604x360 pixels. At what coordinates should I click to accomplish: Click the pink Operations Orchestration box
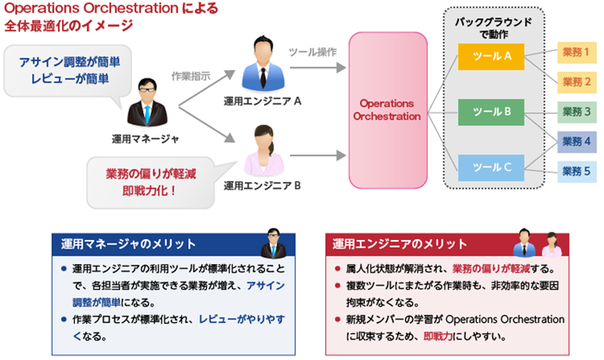(387, 111)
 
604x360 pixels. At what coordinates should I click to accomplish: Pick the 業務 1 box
(576, 53)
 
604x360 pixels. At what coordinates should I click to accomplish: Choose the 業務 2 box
(576, 82)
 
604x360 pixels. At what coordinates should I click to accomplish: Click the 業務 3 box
(576, 111)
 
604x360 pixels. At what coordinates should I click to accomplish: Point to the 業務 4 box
(576, 141)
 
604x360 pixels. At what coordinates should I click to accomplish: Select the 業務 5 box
(576, 171)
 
